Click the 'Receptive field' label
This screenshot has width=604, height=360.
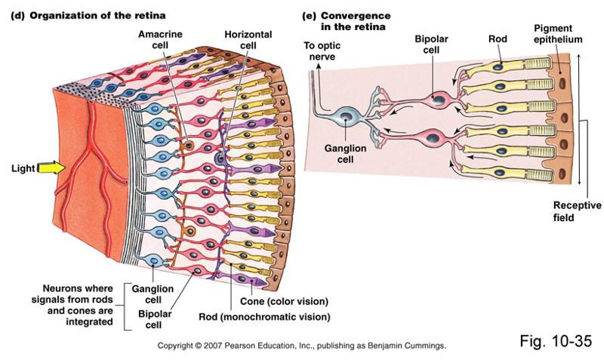point(577,211)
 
